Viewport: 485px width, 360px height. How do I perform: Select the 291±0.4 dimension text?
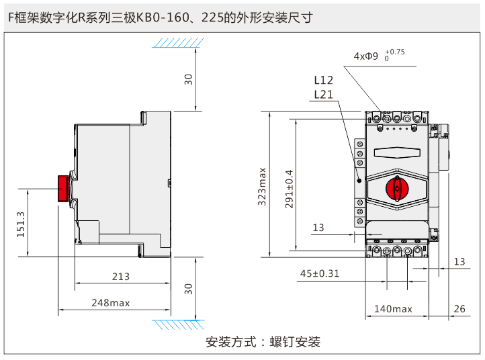pos(290,189)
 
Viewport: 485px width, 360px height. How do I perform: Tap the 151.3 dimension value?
pos(21,224)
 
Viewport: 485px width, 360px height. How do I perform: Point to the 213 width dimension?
pos(121,276)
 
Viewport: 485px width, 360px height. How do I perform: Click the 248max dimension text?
pos(111,303)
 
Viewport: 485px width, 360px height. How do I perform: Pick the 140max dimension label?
pos(393,309)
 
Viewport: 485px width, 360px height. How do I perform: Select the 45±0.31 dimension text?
pos(320,273)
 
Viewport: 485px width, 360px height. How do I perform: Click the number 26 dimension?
pos(459,309)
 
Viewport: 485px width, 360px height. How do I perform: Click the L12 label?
pos(323,80)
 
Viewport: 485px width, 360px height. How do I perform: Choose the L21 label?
pos(323,95)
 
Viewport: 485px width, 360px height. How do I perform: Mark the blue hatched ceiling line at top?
pos(177,43)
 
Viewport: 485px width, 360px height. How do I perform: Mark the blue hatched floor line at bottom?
pos(177,325)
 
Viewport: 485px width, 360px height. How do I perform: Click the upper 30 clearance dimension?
pos(189,79)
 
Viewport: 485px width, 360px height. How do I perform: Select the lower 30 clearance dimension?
pos(189,289)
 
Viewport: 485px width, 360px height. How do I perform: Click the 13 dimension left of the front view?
pos(318,228)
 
